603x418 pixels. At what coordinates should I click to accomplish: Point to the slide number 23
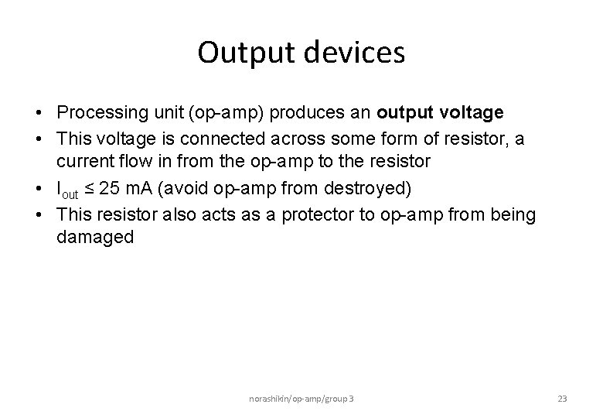click(562, 399)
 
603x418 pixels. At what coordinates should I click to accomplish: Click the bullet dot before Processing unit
click(38, 113)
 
